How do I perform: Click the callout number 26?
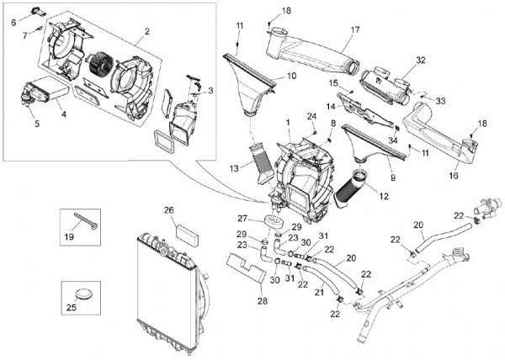(168, 209)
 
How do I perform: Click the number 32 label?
(420, 61)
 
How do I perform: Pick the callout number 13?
(236, 168)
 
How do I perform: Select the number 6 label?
(13, 23)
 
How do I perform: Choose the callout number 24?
(311, 115)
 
